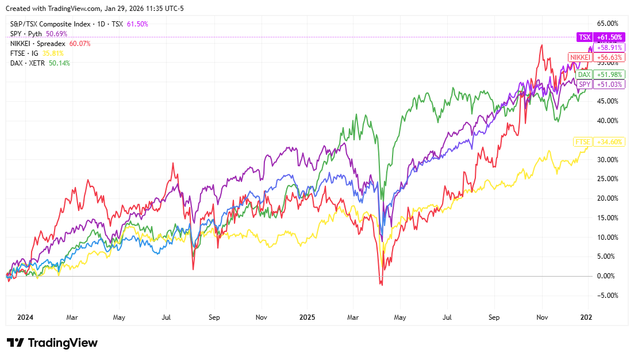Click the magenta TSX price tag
coord(585,37)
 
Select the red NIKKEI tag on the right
coord(579,57)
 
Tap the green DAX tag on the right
coord(584,75)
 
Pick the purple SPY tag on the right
coord(585,85)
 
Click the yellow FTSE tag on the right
coord(582,141)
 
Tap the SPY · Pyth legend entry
coord(26,33)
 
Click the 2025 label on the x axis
coord(307,317)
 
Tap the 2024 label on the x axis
coord(25,317)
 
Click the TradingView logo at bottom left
coord(52,343)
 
